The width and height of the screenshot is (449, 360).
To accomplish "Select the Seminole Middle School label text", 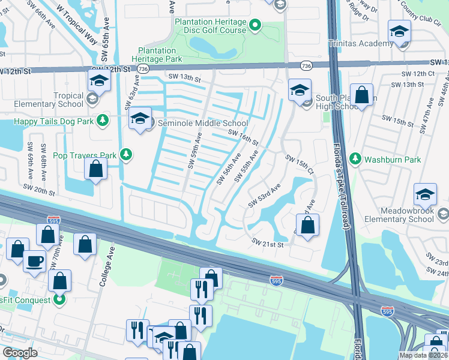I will point(203,123).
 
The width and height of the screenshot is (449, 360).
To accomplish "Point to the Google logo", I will point(19,353).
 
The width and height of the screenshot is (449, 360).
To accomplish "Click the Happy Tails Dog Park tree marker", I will point(103,121).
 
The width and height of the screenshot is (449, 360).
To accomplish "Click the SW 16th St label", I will point(243,137).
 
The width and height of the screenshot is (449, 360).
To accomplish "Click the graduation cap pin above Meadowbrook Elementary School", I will point(425,194).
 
